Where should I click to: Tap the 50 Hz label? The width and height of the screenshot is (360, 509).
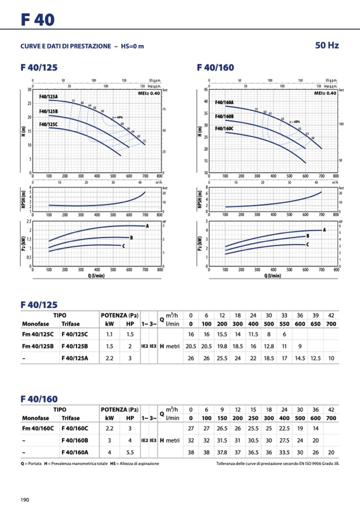pyautogui.click(x=327, y=46)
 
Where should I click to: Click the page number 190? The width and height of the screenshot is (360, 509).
pyautogui.click(x=24, y=499)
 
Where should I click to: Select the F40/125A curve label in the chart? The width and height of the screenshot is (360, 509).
pyautogui.click(x=48, y=97)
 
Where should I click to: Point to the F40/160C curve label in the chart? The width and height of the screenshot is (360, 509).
pyautogui.click(x=224, y=128)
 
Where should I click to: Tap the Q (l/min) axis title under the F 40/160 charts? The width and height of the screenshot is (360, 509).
pyautogui.click(x=273, y=275)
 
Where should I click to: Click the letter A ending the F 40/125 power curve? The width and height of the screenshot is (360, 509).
pyautogui.click(x=147, y=226)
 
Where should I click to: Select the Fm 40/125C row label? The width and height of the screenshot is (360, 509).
pyautogui.click(x=37, y=334)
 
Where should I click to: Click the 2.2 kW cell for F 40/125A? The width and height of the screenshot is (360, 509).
pyautogui.click(x=109, y=358)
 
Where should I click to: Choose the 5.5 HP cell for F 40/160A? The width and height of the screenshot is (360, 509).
pyautogui.click(x=130, y=452)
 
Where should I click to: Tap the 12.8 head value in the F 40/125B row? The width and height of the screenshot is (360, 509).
pyautogui.click(x=269, y=346)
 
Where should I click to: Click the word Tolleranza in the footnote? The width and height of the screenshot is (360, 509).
pyautogui.click(x=230, y=463)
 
